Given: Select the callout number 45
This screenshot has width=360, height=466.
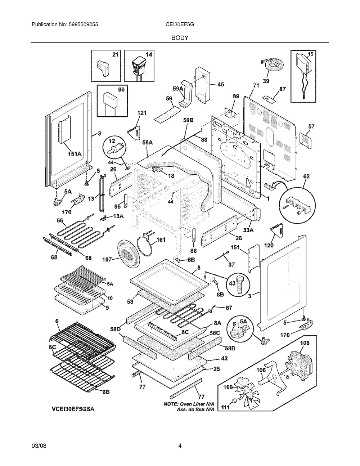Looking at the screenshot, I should (220, 85).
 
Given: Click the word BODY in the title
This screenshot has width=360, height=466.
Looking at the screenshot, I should (180, 37).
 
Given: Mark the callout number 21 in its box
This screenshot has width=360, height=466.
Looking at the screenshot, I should (115, 55).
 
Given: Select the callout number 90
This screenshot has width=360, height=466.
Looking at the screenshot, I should (121, 90).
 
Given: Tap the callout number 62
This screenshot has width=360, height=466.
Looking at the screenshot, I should (306, 176).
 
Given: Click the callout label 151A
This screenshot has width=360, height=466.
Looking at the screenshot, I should (74, 154).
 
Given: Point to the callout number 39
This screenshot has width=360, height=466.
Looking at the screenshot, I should (266, 81).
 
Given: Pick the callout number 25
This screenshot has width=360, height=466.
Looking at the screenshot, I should (216, 368).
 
